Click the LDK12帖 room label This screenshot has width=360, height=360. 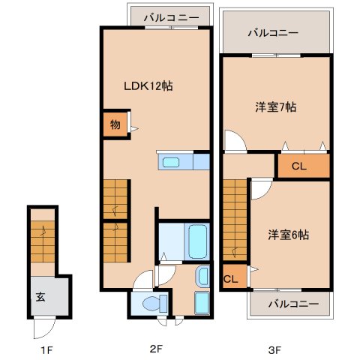coord(148,86)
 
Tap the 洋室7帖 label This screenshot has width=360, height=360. coord(276,107)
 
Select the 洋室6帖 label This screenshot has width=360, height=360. coord(289,235)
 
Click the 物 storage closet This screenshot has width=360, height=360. coord(115,124)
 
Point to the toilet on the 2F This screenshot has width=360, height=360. coord(155,303)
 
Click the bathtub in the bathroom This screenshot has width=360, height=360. coord(198,241)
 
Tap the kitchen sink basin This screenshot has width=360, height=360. coord(171,163)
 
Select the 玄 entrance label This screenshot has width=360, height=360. coord(40,297)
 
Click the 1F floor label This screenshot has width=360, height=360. coord(46,350)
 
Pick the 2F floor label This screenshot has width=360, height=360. coord(157,349)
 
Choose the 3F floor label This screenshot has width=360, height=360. coord(274,350)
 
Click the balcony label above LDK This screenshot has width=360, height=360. coord(172,18)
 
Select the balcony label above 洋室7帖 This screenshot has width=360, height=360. coord(273,33)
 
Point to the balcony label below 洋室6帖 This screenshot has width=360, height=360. coord(294,304)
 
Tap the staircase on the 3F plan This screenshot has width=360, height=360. coord(235,220)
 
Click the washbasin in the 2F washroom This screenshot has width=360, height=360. coord(203,276)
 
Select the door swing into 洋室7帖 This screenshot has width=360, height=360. coord(235,141)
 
